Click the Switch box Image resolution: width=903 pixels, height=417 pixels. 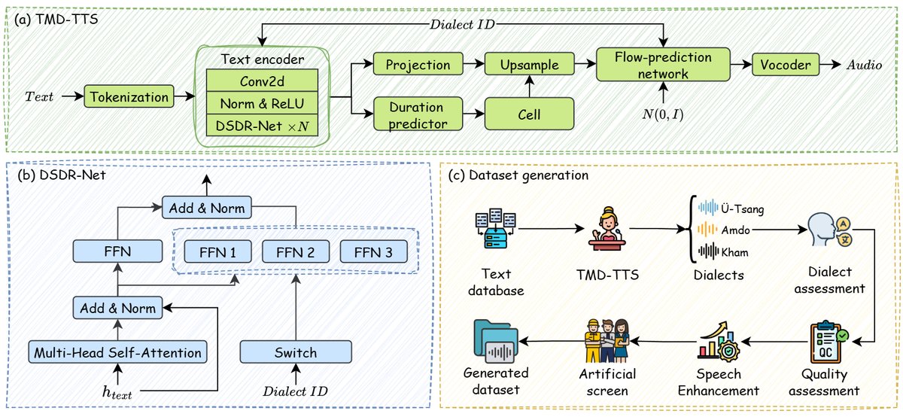(x=296, y=352)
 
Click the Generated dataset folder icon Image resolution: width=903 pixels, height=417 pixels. (x=496, y=341)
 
